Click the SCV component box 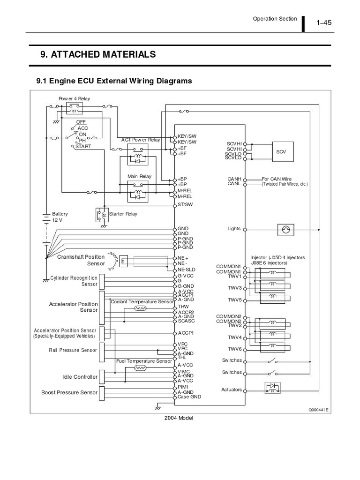[281, 151]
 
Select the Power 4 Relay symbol [75, 107]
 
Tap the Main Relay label [139, 176]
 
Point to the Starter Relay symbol [102, 214]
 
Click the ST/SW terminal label [185, 205]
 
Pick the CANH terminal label [234, 179]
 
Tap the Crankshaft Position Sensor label [81, 260]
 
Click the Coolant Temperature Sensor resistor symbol [140, 308]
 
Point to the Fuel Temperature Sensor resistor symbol [140, 368]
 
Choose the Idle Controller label [80, 377]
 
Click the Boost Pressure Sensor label [69, 392]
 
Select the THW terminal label [183, 307]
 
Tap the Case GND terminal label [189, 397]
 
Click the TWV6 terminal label [234, 349]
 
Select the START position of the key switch [83, 146]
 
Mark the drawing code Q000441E [318, 409]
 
